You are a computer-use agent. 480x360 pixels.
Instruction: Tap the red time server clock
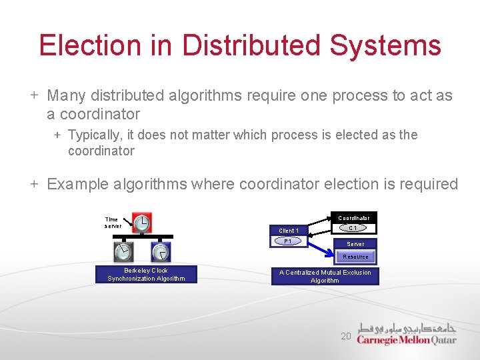coord(142,224)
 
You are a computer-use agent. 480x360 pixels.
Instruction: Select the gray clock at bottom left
coord(123,252)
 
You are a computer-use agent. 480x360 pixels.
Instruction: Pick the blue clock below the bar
coord(161,252)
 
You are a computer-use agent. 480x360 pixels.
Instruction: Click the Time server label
coord(112,223)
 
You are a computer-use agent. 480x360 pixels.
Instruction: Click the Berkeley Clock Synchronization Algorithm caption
coord(146,275)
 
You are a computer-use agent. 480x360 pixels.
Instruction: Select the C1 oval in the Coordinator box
coord(353,228)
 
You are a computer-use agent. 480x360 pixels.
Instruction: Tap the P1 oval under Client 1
coord(289,241)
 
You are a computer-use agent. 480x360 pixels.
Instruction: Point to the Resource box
coord(355,257)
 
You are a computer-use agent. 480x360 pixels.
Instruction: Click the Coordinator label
coord(353,218)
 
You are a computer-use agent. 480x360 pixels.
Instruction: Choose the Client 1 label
coord(289,231)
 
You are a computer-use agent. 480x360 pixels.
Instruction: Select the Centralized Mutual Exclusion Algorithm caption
coord(325,276)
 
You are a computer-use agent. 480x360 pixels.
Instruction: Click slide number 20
coord(345,336)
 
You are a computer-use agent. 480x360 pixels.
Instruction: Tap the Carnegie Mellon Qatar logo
coord(407,334)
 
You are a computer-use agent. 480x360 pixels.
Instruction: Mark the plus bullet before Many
coord(34,95)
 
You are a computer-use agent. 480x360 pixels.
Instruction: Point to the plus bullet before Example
coord(34,184)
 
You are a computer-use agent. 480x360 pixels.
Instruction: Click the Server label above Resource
coord(355,244)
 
